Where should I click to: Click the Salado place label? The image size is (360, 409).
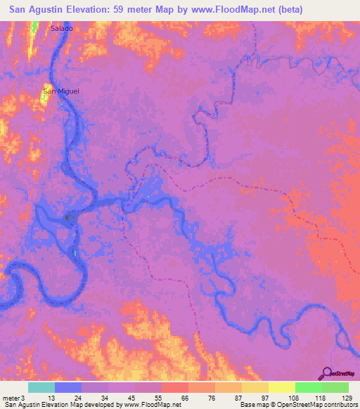[x=61, y=28]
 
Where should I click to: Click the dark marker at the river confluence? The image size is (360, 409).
[x=69, y=219]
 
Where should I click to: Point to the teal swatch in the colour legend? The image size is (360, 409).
[x=41, y=387]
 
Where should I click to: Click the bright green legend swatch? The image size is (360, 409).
[x=309, y=387]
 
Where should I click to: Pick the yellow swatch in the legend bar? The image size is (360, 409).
[x=282, y=387]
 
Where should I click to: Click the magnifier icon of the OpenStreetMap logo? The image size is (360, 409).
[x=328, y=372]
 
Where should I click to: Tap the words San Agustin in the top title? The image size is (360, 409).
[x=41, y=11]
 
